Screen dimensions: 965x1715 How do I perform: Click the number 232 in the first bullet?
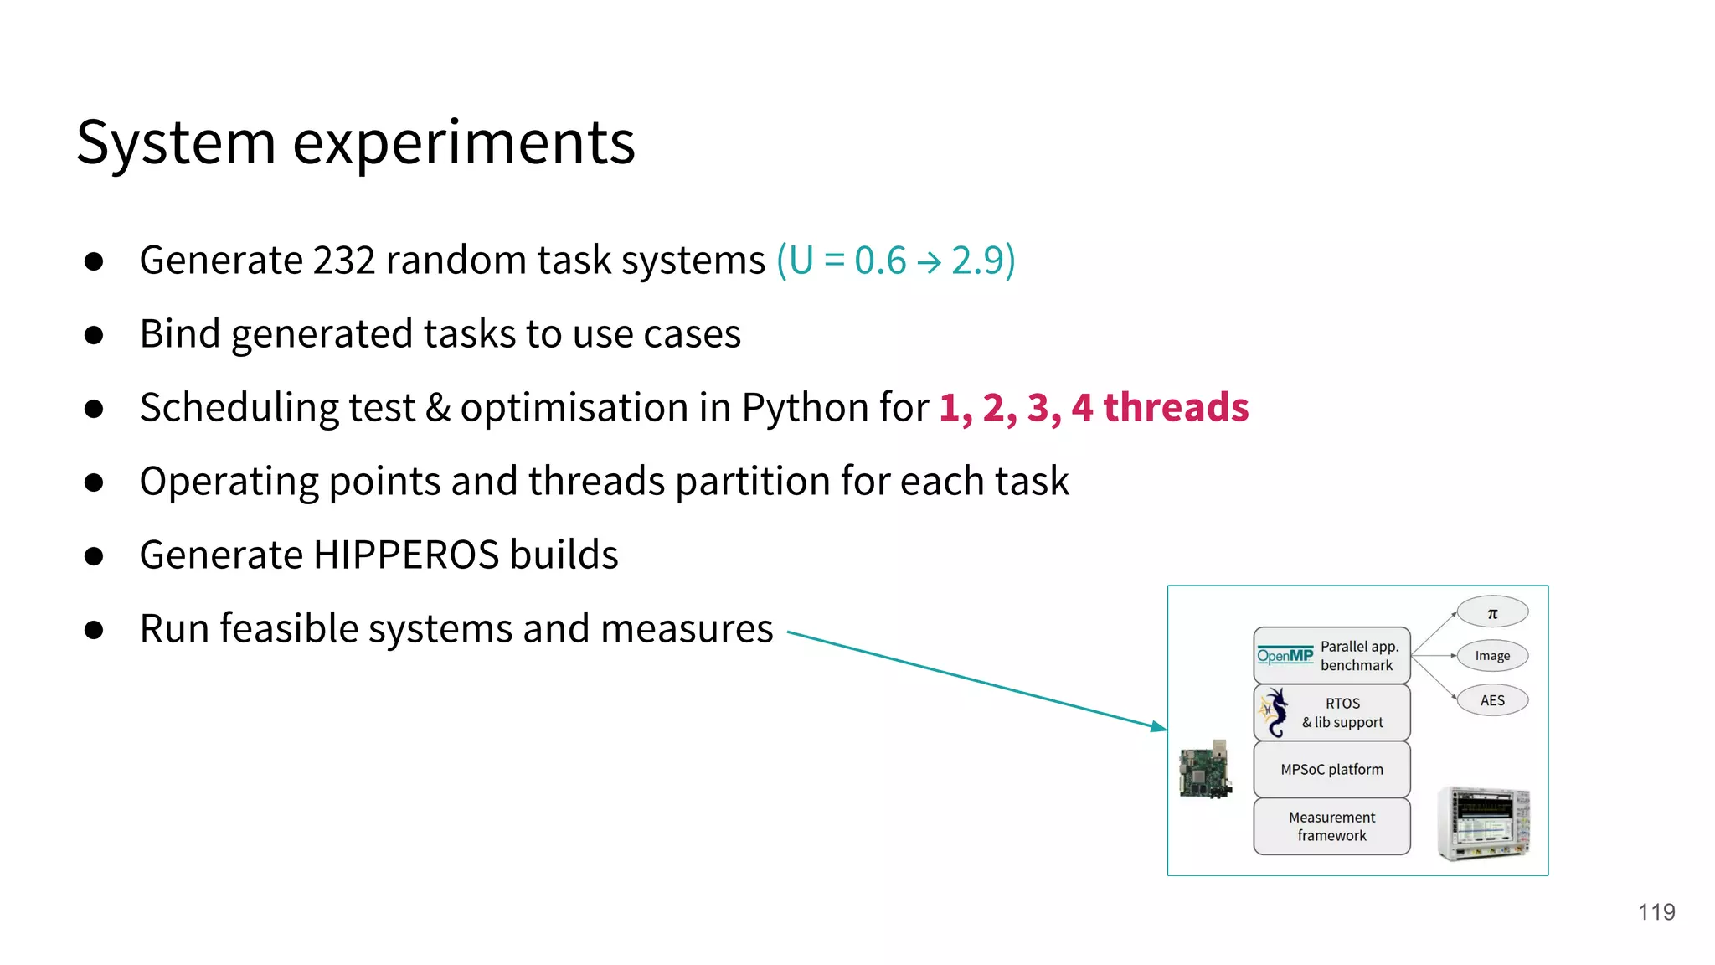coord(343,261)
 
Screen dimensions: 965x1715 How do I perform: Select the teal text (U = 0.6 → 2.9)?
coord(895,261)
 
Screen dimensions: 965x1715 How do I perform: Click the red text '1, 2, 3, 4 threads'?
coord(1093,408)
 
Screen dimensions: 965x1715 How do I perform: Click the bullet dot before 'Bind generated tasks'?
coord(94,335)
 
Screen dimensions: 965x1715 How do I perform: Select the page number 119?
coord(1656,912)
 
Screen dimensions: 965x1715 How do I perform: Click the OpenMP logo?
coord(1285,656)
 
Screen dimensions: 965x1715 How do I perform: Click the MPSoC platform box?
coord(1331,769)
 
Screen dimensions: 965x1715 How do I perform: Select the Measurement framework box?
coord(1331,826)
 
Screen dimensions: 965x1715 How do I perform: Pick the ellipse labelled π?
coord(1492,612)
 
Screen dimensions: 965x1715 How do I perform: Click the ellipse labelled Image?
coord(1492,656)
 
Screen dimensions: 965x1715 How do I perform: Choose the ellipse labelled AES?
coord(1492,700)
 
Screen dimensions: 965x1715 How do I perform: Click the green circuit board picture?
coord(1205,770)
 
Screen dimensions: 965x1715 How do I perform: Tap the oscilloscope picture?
coord(1483,823)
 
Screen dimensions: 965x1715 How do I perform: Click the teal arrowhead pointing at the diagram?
coord(1158,726)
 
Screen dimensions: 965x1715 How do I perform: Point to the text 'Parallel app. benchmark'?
coord(1358,656)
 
